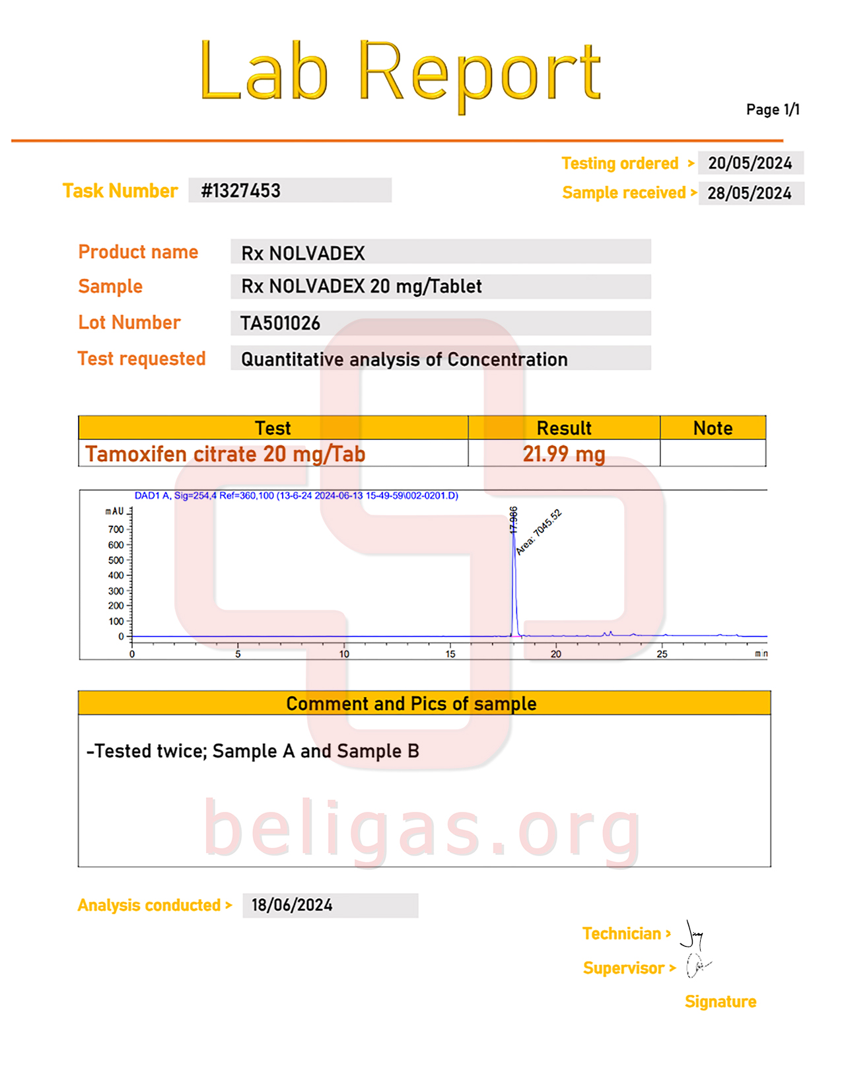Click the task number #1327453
pyautogui.click(x=241, y=191)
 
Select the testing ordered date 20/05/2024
pyautogui.click(x=750, y=163)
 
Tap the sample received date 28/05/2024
pyautogui.click(x=750, y=194)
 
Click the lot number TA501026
pyautogui.click(x=280, y=323)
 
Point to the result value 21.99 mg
pyautogui.click(x=563, y=454)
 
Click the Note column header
pyautogui.click(x=713, y=428)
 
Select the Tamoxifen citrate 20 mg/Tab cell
pyautogui.click(x=225, y=454)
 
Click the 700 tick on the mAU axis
pyautogui.click(x=116, y=529)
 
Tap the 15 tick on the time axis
pyautogui.click(x=450, y=654)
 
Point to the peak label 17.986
pyautogui.click(x=513, y=520)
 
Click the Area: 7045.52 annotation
pyautogui.click(x=538, y=532)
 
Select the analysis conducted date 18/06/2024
pyautogui.click(x=292, y=905)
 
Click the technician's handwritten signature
pyautogui.click(x=692, y=934)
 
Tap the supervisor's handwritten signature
pyautogui.click(x=697, y=966)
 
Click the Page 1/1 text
pyautogui.click(x=773, y=110)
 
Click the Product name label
pyautogui.click(x=138, y=252)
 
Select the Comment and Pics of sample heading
pyautogui.click(x=411, y=704)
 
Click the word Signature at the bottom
pyautogui.click(x=720, y=1001)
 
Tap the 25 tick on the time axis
pyautogui.click(x=662, y=654)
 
